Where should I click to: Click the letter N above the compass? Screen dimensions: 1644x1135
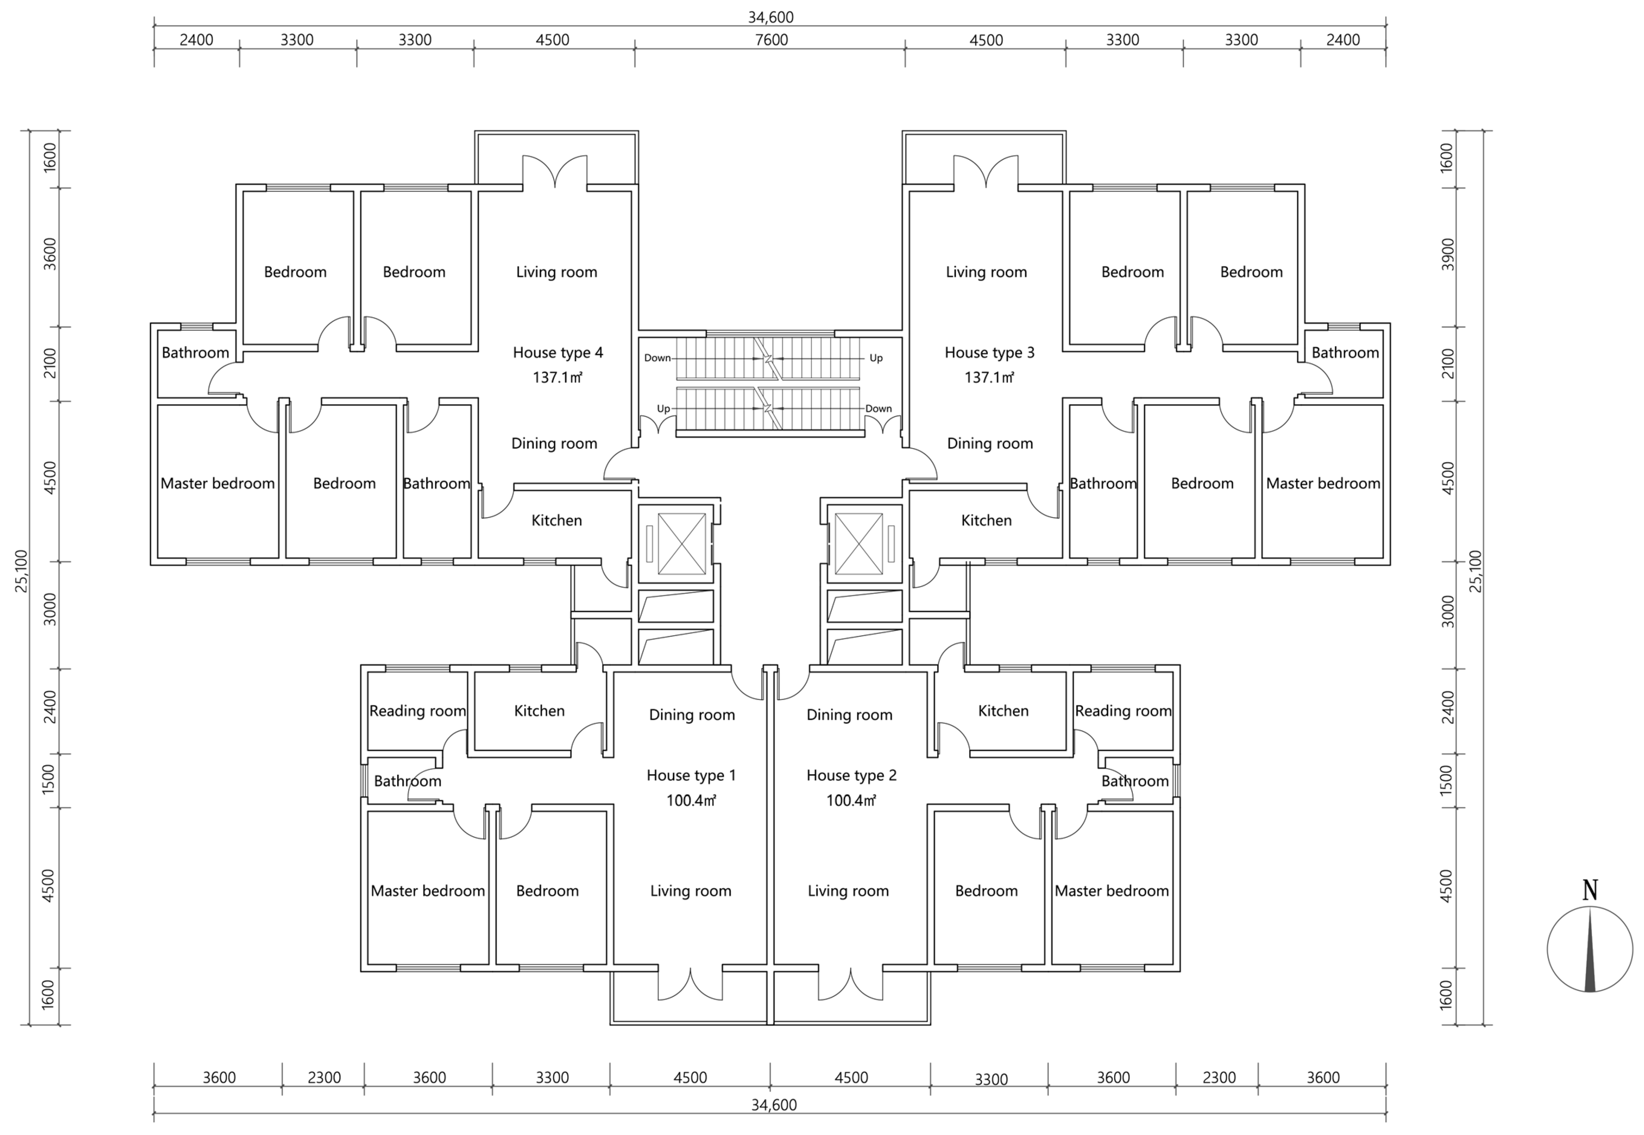click(1590, 890)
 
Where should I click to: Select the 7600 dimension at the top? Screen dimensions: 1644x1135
click(771, 40)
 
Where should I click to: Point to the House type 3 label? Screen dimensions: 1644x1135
click(989, 352)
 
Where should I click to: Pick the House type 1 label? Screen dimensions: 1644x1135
click(691, 775)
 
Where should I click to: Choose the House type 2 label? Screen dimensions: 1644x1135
click(851, 775)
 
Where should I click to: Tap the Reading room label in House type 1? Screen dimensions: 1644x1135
click(417, 711)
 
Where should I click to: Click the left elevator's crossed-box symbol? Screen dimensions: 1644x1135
click(681, 543)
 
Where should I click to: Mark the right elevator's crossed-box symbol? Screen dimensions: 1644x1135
click(858, 543)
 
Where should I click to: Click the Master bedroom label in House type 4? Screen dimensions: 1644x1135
click(218, 484)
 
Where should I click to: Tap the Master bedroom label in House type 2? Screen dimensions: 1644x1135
click(1111, 891)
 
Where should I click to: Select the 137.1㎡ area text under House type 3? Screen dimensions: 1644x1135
click(989, 378)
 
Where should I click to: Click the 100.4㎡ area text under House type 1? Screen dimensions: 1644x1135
click(691, 801)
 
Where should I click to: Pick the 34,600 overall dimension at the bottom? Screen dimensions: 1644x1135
click(774, 1105)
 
